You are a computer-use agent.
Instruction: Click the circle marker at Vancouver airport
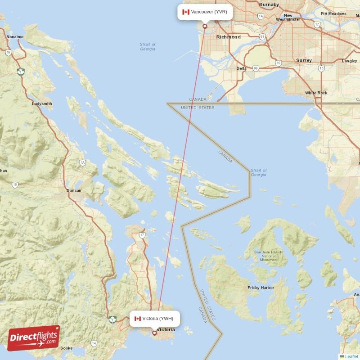coord(205,26)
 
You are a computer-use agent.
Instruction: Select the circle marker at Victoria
coord(154,333)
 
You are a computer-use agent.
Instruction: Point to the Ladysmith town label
coord(42,104)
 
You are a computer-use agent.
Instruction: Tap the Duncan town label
coord(74,190)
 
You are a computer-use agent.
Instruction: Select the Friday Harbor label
coord(261,288)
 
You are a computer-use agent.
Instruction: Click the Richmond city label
coord(228,37)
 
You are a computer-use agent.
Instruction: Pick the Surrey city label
coord(304,60)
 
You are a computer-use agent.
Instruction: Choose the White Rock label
coord(316,93)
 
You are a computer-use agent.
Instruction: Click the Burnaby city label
coord(270,5)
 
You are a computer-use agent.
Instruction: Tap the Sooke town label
coord(67,348)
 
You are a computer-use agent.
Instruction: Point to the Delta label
coord(242,68)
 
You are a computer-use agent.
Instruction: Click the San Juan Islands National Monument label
coord(269,256)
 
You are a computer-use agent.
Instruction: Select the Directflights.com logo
coord(34,338)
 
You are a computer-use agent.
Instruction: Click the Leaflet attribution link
coord(351,356)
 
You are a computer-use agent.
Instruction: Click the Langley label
coord(350,60)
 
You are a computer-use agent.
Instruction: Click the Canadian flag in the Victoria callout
coord(138,319)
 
